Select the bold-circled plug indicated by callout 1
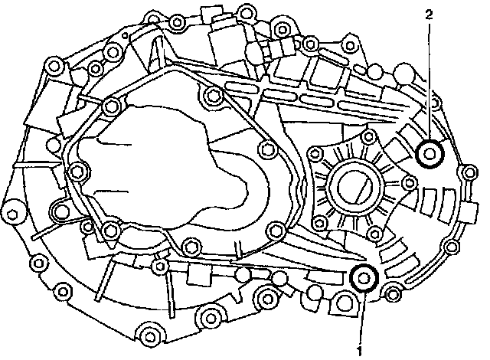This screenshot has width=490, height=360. [x=362, y=278]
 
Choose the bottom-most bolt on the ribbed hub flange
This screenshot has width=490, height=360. [x=374, y=229]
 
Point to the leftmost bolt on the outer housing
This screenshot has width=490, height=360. [x=13, y=212]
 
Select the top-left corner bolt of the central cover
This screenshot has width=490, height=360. [x=113, y=105]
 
